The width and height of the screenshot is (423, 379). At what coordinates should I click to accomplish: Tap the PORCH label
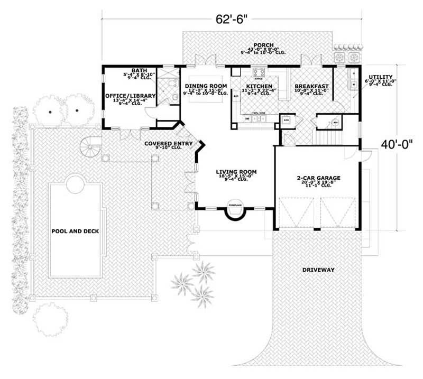259,45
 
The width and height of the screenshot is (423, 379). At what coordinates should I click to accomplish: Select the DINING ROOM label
206,86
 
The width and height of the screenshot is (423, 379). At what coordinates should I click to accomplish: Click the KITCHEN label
259,86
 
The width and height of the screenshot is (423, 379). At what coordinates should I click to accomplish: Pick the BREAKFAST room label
312,86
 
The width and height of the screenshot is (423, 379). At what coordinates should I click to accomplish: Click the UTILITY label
380,77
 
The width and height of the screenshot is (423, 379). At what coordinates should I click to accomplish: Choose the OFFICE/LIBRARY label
130,95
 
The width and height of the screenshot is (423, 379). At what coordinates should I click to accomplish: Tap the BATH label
139,70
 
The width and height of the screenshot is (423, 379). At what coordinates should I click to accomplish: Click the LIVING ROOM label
236,172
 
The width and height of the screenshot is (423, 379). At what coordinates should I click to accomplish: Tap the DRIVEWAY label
318,270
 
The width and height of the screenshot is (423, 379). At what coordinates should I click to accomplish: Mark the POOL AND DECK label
75,231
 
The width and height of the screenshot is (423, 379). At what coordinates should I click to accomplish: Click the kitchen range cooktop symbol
259,72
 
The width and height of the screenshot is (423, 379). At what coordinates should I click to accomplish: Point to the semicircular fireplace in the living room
235,211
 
